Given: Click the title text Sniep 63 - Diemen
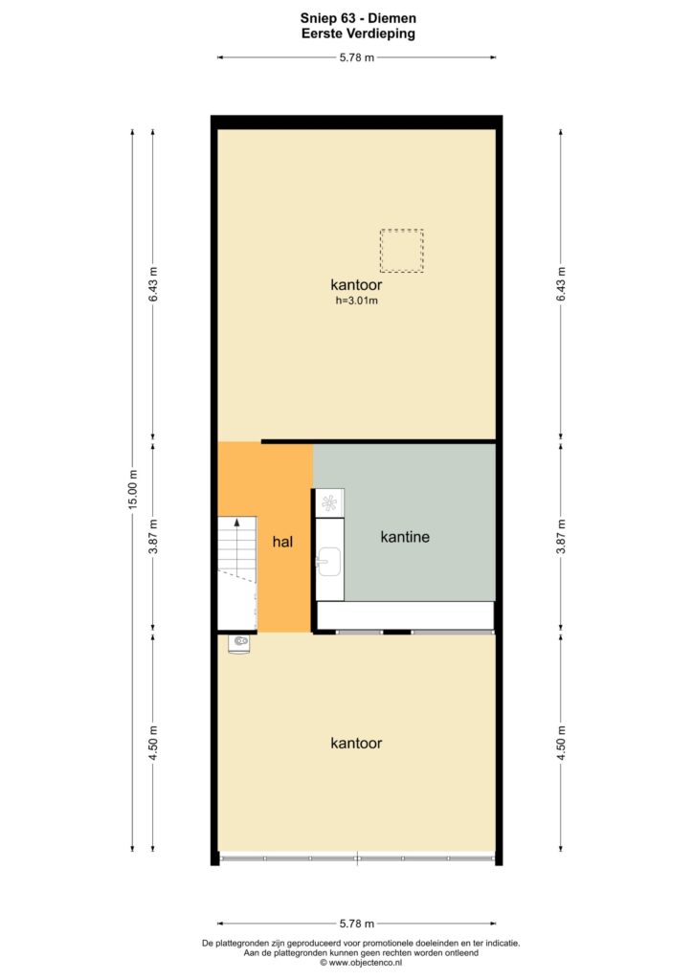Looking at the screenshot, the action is click(357, 18).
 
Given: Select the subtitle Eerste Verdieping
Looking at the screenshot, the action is click(358, 33).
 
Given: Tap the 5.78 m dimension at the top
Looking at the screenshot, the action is click(357, 57).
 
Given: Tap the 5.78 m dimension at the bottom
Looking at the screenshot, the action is click(357, 924).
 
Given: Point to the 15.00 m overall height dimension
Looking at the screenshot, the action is click(132, 489).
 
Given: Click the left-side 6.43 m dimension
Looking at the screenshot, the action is click(153, 284).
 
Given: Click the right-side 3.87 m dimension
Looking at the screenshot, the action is click(561, 536).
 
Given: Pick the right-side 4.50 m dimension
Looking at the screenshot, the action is click(561, 743).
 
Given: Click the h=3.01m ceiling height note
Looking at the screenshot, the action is click(357, 301).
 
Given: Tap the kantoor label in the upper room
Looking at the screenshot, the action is click(356, 285).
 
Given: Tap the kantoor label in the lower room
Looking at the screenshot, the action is click(356, 743).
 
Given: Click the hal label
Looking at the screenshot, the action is click(282, 542).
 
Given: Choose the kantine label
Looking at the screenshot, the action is click(405, 537).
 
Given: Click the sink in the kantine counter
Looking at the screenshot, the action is click(328, 561).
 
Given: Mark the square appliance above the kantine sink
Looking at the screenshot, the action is click(329, 503).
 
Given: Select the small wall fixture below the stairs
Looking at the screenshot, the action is click(238, 643).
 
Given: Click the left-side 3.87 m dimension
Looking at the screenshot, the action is click(153, 536).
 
